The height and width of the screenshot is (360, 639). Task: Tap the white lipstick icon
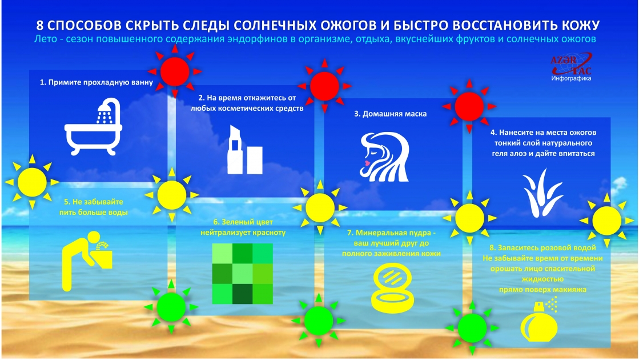tap(244, 151)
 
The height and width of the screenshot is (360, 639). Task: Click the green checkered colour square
tap(243, 274)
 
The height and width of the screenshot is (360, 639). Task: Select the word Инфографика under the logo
tap(571, 78)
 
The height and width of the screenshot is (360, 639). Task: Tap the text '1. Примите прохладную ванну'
tap(97, 82)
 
